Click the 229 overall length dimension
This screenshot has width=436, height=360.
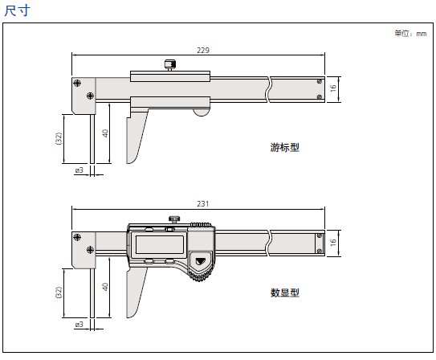coord(203,51)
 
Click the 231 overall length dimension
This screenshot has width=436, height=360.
coord(203,204)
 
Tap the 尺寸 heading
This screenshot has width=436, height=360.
coord(17,10)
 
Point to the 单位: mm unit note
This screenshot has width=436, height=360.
coord(410,34)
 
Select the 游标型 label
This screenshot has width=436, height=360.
coord(285,147)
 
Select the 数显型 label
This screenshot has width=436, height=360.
coord(285,292)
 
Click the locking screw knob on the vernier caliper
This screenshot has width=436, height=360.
coord(170,65)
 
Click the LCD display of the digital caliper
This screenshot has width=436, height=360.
coord(160,244)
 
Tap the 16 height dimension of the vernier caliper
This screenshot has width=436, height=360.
coord(333,88)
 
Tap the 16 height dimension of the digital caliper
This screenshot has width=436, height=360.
coord(333,243)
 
